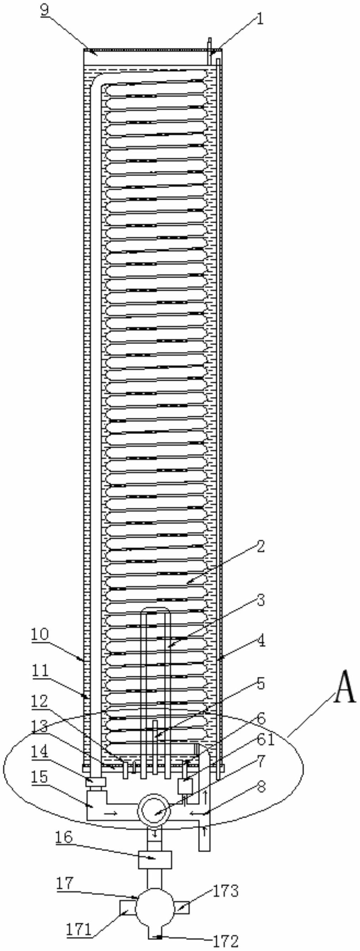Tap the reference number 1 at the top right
[260, 19]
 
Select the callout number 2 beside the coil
[261, 548]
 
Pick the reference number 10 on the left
[39, 634]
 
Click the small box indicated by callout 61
[185, 786]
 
